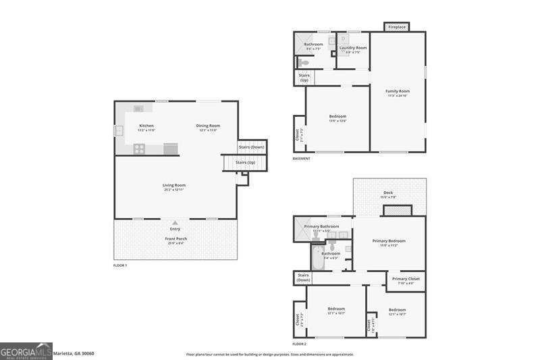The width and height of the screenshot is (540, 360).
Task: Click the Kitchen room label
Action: [x=146, y=126]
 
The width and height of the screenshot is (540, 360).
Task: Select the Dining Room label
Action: [x=208, y=126]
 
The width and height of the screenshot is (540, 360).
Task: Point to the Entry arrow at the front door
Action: [x=175, y=222]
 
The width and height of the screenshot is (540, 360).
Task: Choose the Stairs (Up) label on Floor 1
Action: [x=245, y=162]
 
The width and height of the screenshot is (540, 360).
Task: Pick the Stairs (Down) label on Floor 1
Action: [x=252, y=147]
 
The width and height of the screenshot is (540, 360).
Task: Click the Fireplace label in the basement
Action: [x=397, y=27]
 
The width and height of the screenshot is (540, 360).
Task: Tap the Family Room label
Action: [x=398, y=91]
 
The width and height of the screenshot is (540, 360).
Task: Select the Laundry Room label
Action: [x=353, y=48]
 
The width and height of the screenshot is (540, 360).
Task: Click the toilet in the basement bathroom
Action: [x=303, y=63]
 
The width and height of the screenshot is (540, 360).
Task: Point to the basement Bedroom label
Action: [x=337, y=116]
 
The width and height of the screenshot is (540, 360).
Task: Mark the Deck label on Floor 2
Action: [x=388, y=192]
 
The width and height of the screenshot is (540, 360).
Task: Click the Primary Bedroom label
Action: [x=389, y=240]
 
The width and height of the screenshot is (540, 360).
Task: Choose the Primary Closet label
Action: [x=406, y=279]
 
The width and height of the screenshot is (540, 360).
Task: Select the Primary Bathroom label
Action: [x=321, y=226]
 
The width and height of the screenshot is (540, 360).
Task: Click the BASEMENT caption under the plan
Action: [x=301, y=159]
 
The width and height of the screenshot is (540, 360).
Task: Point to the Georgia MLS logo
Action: [x=26, y=351]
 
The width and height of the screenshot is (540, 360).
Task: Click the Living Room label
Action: [x=173, y=185]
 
